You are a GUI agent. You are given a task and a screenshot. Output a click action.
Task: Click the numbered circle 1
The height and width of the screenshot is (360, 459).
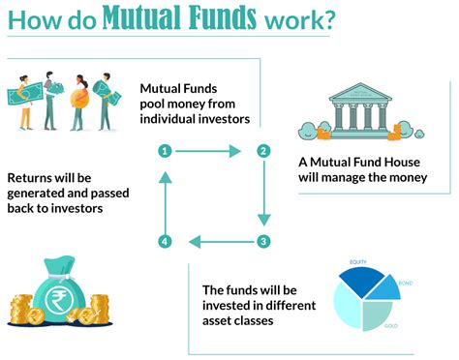pyautogui.click(x=166, y=151)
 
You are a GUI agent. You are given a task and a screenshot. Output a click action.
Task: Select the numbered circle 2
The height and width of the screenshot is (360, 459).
pyautogui.click(x=262, y=151)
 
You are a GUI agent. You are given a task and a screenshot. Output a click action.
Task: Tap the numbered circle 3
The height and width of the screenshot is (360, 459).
pyautogui.click(x=262, y=241)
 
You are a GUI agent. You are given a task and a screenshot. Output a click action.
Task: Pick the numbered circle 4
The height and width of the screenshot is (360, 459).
pyautogui.click(x=166, y=241)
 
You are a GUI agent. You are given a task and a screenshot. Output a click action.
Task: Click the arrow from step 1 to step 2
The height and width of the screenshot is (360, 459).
pyautogui.click(x=214, y=151)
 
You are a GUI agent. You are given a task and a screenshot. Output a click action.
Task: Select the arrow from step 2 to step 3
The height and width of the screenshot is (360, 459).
pyautogui.click(x=262, y=196)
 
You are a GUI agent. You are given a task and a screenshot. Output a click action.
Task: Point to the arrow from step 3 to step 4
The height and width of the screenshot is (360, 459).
pyautogui.click(x=214, y=241)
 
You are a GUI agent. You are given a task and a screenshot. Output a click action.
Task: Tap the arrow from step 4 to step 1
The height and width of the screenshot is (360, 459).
pyautogui.click(x=166, y=196)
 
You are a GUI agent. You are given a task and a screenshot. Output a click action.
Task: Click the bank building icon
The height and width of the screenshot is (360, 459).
pyautogui.click(x=352, y=110)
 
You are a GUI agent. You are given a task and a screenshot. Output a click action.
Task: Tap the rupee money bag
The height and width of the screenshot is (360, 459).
pyautogui.click(x=59, y=289)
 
